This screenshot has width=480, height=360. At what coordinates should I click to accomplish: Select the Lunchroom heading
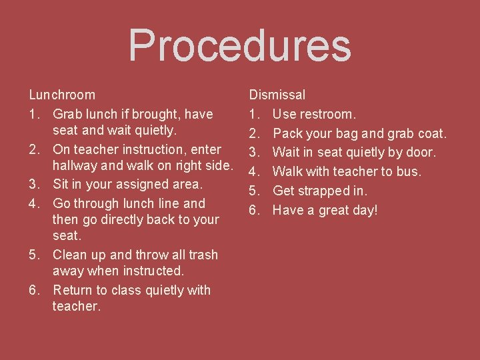[61, 95]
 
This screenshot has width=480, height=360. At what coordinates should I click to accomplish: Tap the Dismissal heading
[277, 95]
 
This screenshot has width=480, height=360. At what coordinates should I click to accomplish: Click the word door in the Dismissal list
[421, 153]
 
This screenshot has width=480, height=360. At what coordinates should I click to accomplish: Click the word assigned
[138, 184]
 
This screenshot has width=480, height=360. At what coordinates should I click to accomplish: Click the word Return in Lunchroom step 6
[73, 290]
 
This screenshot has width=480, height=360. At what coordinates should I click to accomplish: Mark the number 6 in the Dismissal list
[253, 210]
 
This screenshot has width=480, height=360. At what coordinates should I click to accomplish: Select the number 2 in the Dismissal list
[253, 133]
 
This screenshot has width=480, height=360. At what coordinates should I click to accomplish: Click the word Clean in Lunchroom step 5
[71, 255]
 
